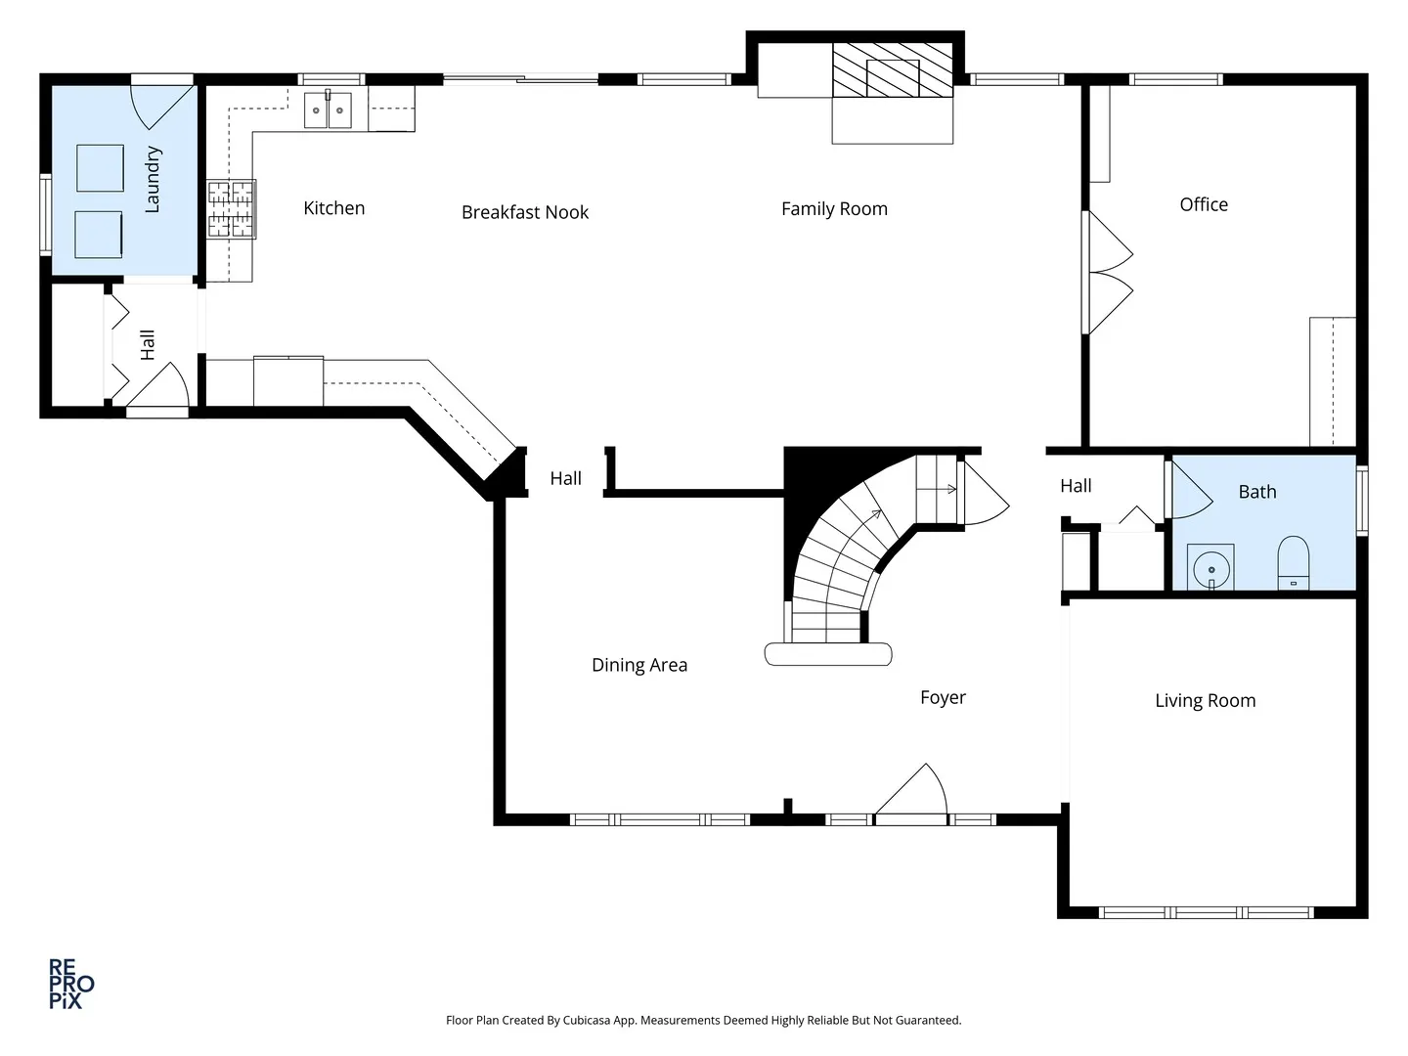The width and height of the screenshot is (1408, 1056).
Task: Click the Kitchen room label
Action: (x=334, y=207)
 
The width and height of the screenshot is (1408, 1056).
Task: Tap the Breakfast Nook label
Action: (x=525, y=212)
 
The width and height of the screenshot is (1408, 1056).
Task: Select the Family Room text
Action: (x=835, y=209)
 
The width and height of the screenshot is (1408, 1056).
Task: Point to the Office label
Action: (x=1204, y=204)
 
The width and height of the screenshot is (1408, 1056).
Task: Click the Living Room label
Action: (x=1206, y=701)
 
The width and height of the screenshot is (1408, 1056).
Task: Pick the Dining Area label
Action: (x=639, y=665)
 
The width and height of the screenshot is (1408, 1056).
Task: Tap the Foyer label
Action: (x=943, y=697)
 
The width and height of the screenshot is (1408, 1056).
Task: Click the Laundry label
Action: (x=153, y=180)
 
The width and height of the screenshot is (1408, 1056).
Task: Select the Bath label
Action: (x=1257, y=492)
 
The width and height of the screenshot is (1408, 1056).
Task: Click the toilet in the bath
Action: (x=1294, y=563)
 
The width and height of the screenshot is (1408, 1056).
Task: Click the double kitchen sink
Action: (x=328, y=110)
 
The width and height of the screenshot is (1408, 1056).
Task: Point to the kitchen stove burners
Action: (x=231, y=209)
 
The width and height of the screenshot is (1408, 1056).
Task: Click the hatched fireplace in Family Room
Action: (x=893, y=69)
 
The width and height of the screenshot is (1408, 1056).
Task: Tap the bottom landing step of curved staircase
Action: (x=828, y=654)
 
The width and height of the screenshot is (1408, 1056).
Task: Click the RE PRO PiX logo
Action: (x=71, y=984)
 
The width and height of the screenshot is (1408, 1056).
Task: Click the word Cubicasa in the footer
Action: (x=587, y=1020)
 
